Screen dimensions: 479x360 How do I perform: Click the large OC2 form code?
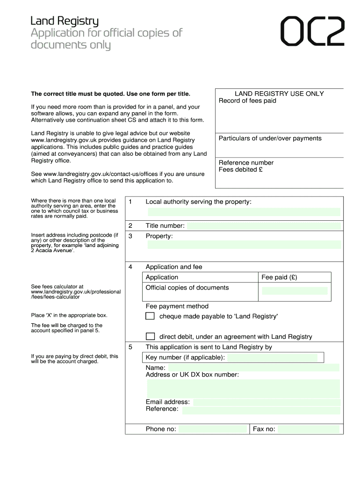pos(312,32)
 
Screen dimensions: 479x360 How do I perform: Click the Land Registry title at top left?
pos(65,21)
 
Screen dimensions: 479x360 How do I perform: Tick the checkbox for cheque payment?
pos(150,316)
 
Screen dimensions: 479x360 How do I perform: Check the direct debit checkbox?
pos(150,336)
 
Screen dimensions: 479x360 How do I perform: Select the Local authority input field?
pos(244,212)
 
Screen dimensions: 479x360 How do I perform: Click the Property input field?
pos(244,245)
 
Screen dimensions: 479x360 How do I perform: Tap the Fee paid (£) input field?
pos(295,291)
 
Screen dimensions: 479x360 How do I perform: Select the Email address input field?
pos(266,402)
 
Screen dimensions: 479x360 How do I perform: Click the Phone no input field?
pos(212,429)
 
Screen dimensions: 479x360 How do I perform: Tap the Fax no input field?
pos(309,429)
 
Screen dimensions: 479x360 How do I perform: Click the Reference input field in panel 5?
pos(260,410)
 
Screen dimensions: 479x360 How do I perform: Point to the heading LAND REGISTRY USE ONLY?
pos(279,94)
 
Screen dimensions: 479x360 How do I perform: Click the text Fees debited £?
pos(241,170)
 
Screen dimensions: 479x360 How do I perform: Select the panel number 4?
pos(130,267)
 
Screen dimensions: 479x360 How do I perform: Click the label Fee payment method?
pos(177,306)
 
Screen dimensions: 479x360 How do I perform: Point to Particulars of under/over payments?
pos(270,138)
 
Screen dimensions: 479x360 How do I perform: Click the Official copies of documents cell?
pos(187,288)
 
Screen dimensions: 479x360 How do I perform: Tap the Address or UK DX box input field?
pos(244,389)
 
